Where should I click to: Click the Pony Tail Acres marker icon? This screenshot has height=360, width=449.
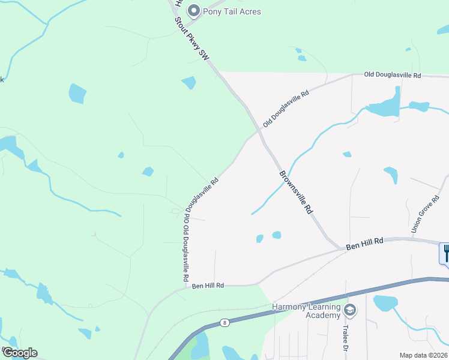(x=194, y=11)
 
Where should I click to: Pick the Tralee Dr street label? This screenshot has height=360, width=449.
(x=346, y=339)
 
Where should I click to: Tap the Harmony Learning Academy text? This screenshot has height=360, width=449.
(x=306, y=311)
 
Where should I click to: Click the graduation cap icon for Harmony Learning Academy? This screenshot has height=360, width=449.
(x=350, y=310)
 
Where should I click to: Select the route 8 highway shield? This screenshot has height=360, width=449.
(x=224, y=322)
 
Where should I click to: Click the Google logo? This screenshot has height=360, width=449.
(x=19, y=353)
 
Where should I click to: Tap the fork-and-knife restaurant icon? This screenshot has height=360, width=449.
(x=445, y=253)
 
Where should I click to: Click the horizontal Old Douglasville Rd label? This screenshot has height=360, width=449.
(x=393, y=76)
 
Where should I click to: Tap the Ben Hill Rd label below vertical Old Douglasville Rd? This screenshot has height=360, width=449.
(x=208, y=286)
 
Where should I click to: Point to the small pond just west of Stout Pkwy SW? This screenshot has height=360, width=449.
(x=188, y=82)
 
